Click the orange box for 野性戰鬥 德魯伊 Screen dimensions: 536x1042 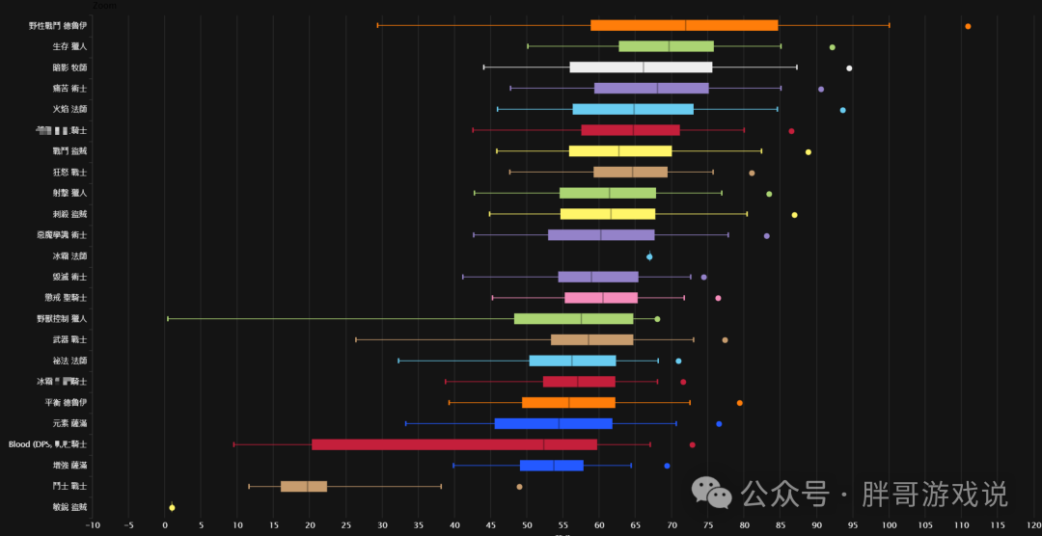pyautogui.click(x=684, y=25)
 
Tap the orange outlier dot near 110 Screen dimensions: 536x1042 pyautogui.click(x=968, y=26)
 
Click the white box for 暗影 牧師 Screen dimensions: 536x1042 pyautogui.click(x=641, y=67)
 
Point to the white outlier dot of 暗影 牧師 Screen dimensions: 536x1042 pyautogui.click(x=849, y=68)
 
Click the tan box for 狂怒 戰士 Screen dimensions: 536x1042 pyautogui.click(x=630, y=173)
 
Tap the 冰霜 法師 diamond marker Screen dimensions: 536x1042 pyautogui.click(x=649, y=256)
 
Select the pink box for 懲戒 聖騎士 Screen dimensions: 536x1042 pyautogui.click(x=601, y=298)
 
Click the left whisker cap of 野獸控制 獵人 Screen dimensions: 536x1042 pyautogui.click(x=168, y=318)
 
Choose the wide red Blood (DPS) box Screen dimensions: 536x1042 pyautogui.click(x=454, y=444)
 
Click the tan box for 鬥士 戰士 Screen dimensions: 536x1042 pyautogui.click(x=304, y=486)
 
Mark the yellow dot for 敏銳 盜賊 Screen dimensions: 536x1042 pyautogui.click(x=172, y=507)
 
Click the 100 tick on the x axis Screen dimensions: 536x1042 pyautogui.click(x=889, y=525)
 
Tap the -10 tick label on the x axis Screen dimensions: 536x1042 pyautogui.click(x=93, y=525)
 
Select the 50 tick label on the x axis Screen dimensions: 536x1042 pyautogui.click(x=527, y=525)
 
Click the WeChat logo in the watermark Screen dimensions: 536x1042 pyautogui.click(x=720, y=495)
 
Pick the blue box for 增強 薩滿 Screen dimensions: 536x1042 pyautogui.click(x=552, y=466)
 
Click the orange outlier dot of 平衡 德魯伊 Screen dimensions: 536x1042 pyautogui.click(x=740, y=403)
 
